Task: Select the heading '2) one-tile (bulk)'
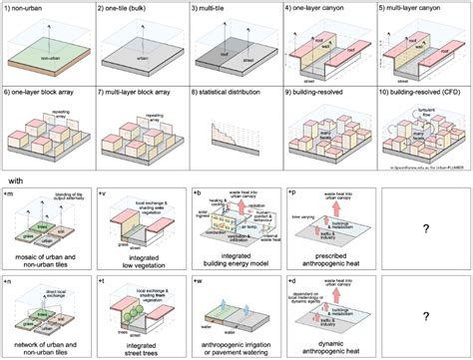tap(129, 8)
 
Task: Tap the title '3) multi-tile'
tap(212, 8)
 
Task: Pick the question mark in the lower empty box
tap(424, 317)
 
